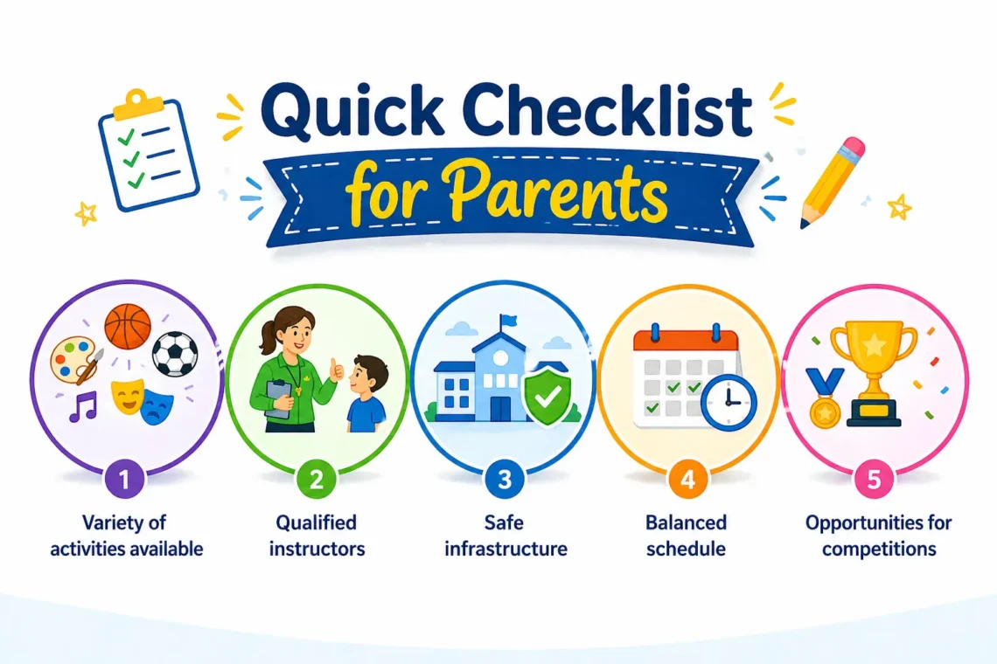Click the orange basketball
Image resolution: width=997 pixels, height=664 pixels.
(x=128, y=326)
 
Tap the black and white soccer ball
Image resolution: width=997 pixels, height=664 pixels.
(x=175, y=354)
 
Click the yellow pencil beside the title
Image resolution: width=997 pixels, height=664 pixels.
(x=832, y=183)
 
